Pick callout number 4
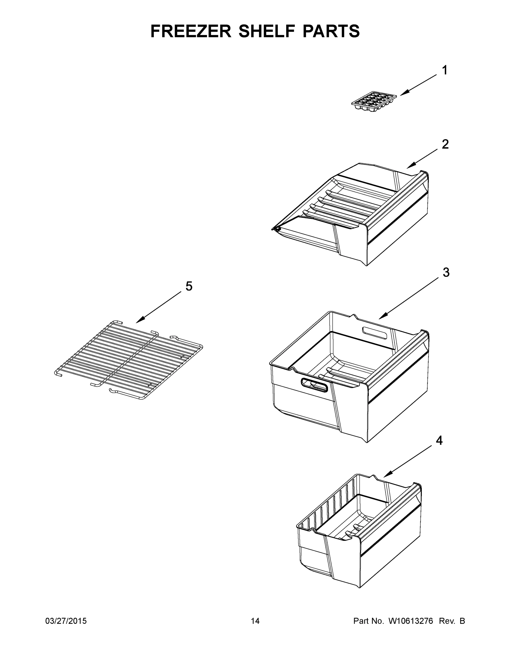tap(439, 440)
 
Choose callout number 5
tap(189, 286)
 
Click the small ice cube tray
tap(374, 103)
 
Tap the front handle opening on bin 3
tap(315, 385)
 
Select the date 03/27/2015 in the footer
tap(66, 621)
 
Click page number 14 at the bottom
tap(255, 621)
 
